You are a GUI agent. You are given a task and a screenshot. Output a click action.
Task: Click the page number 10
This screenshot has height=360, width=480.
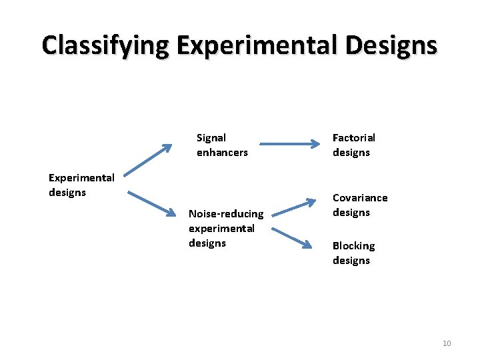click(447, 343)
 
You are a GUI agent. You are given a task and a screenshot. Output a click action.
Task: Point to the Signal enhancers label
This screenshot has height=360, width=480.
click(221, 145)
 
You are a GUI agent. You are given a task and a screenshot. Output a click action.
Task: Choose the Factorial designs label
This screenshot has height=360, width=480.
click(353, 145)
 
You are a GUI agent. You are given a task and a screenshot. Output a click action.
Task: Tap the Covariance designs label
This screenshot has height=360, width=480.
click(359, 205)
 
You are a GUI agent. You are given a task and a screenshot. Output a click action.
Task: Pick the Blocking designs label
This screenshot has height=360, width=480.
click(353, 253)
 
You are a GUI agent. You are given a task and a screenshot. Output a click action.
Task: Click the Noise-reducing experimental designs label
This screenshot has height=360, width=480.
click(226, 228)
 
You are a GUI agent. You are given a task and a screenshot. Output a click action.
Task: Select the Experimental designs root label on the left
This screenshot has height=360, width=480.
click(81, 185)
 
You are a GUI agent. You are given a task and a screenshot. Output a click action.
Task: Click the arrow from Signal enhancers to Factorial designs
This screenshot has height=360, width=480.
click(289, 143)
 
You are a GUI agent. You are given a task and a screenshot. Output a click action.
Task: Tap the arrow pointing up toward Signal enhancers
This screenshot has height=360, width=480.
click(147, 161)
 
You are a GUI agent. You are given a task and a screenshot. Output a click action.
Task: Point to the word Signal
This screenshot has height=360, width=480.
click(211, 138)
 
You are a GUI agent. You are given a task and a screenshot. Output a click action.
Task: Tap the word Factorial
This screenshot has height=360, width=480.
click(353, 138)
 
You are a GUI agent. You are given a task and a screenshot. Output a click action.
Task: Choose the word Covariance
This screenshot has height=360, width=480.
click(359, 198)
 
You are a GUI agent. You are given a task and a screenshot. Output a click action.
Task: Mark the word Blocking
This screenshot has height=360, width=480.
click(353, 246)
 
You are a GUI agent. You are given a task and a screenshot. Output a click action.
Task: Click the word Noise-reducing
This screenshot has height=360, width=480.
click(226, 214)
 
